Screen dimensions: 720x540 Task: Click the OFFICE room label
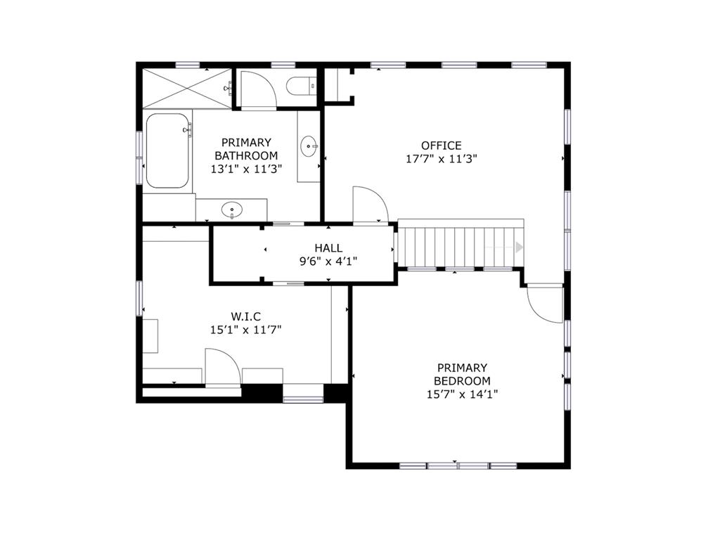[x=442, y=146]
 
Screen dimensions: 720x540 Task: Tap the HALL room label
[x=328, y=248]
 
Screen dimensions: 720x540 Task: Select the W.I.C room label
[x=245, y=316]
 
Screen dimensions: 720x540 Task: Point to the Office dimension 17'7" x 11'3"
[x=442, y=159]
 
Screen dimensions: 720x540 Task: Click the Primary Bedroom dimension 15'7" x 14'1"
[x=463, y=394]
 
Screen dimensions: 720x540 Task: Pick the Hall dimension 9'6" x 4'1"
[x=328, y=262]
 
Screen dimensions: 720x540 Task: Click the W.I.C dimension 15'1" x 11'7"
[x=245, y=330]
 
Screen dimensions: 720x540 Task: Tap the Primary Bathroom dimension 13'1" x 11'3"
[x=246, y=169]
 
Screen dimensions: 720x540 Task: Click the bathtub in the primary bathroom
[x=167, y=150]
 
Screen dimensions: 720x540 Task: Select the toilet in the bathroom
[x=302, y=86]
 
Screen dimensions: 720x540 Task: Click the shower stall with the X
[x=187, y=88]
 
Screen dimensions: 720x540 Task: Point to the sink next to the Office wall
[x=309, y=146]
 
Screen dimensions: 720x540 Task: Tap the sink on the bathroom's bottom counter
[x=232, y=210]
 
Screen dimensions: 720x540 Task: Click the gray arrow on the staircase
[x=519, y=247]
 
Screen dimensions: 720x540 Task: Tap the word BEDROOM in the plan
[x=463, y=381]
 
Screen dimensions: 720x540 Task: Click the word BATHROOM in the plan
[x=246, y=155]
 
